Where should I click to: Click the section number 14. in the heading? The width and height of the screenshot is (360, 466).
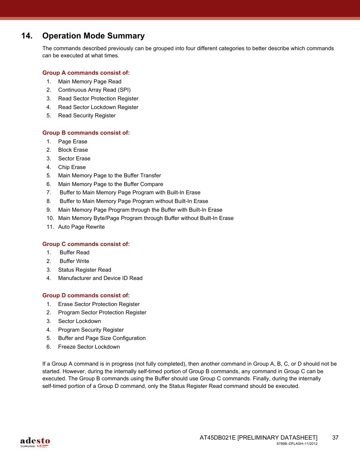(x=27, y=36)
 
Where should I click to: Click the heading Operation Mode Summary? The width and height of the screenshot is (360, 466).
(x=93, y=36)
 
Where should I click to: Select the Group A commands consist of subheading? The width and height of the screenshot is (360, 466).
(x=86, y=73)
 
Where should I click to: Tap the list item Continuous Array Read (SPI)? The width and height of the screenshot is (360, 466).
(x=94, y=90)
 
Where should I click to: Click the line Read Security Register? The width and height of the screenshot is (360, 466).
(x=87, y=115)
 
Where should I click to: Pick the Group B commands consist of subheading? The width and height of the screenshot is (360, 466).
(x=86, y=133)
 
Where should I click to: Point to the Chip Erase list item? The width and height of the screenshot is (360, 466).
(x=72, y=167)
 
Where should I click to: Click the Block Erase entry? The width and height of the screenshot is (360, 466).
(x=73, y=150)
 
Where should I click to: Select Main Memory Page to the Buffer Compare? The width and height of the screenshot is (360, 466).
(x=111, y=184)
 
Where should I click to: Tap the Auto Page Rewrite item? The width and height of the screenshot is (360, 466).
(x=82, y=227)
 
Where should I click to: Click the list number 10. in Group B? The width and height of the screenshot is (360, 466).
(x=50, y=218)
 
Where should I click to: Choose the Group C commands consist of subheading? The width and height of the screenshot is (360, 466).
(x=86, y=244)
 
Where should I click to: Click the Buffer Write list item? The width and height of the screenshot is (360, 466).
(x=74, y=261)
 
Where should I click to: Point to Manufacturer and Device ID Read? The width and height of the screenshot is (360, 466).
(x=100, y=278)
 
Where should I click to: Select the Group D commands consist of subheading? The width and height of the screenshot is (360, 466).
(x=86, y=295)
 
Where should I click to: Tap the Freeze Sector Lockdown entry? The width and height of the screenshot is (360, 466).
(x=89, y=347)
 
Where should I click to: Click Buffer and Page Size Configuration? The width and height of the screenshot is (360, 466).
(x=102, y=338)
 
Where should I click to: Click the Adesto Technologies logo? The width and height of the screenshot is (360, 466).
(x=35, y=442)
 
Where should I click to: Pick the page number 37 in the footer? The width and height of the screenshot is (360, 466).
(x=335, y=438)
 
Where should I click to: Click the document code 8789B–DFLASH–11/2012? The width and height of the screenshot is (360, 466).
(x=297, y=444)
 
